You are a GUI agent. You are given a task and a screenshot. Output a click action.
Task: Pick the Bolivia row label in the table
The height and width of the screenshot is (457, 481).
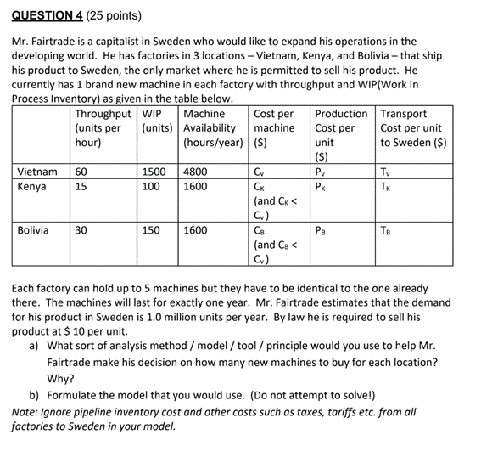pyautogui.click(x=34, y=229)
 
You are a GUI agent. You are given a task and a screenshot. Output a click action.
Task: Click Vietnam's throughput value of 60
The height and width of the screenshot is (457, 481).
pyautogui.click(x=83, y=172)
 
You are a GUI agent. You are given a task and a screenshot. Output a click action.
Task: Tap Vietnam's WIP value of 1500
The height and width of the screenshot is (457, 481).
pyautogui.click(x=154, y=172)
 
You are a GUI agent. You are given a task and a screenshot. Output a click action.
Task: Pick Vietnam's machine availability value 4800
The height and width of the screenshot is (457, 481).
pyautogui.click(x=195, y=172)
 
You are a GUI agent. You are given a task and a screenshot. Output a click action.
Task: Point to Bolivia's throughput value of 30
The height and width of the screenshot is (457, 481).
pyautogui.click(x=83, y=229)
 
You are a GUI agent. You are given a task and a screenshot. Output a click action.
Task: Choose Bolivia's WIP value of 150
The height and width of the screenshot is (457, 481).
pyautogui.click(x=151, y=229)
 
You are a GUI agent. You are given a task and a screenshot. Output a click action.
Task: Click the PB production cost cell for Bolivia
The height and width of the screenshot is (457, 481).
pyautogui.click(x=321, y=229)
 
